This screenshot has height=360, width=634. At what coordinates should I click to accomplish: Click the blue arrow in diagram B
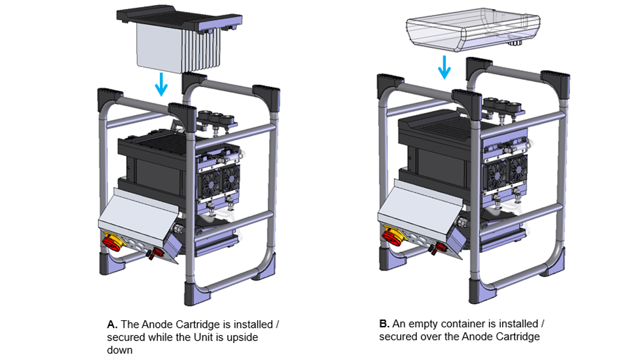point(445,67)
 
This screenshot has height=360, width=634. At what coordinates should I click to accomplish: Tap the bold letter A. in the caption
point(112,325)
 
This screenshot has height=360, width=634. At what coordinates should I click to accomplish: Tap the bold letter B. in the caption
point(384,324)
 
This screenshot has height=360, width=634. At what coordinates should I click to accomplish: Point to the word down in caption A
point(120,349)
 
